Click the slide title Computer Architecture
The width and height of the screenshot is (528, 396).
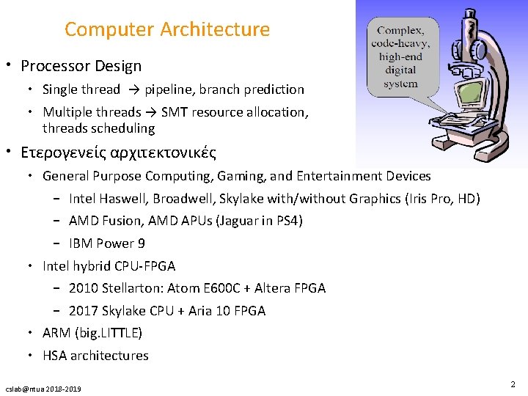click(x=167, y=29)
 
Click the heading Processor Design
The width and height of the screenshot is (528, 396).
click(x=81, y=66)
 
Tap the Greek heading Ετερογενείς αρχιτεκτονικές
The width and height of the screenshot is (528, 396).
click(x=118, y=153)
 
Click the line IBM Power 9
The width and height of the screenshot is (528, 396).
click(x=107, y=243)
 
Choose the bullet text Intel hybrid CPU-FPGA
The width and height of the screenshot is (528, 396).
click(x=109, y=265)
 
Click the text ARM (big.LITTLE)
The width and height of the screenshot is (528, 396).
click(x=92, y=333)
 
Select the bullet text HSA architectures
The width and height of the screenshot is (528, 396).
click(x=95, y=356)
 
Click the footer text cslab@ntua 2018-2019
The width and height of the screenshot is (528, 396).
click(x=43, y=388)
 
